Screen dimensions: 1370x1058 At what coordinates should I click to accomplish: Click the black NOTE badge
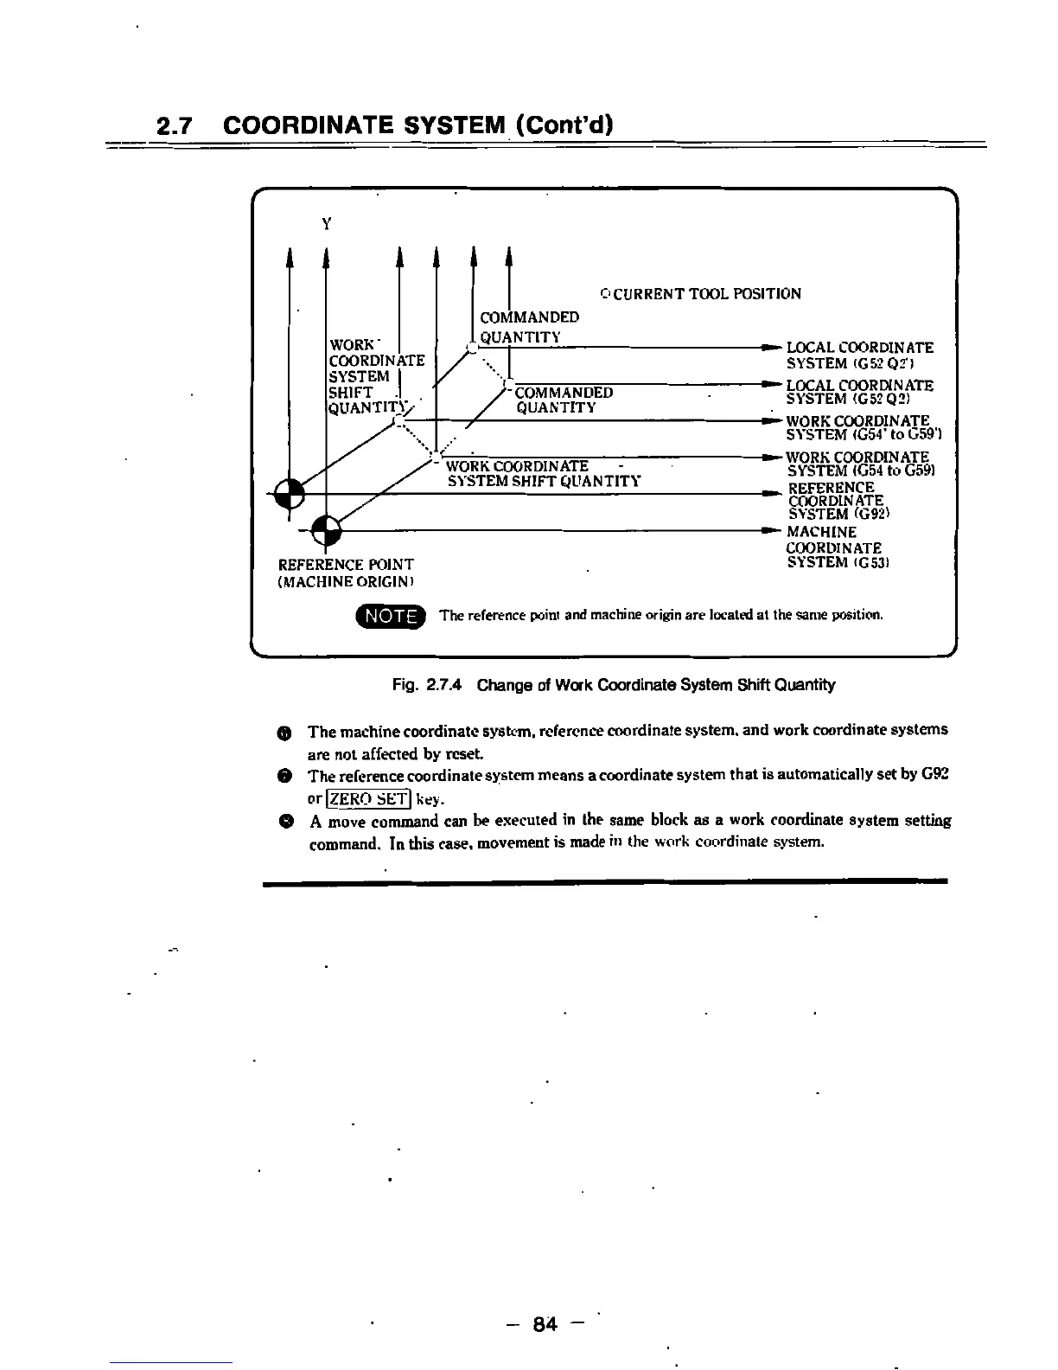(x=391, y=616)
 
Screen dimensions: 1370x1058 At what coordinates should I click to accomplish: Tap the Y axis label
(x=326, y=224)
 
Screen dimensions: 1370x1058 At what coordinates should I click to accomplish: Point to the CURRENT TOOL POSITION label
(x=700, y=294)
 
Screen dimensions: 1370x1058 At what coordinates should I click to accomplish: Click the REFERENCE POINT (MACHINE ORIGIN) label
(x=345, y=573)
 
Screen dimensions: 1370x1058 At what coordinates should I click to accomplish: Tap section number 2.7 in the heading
(x=175, y=126)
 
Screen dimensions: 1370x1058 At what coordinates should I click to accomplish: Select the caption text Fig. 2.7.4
(x=428, y=685)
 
